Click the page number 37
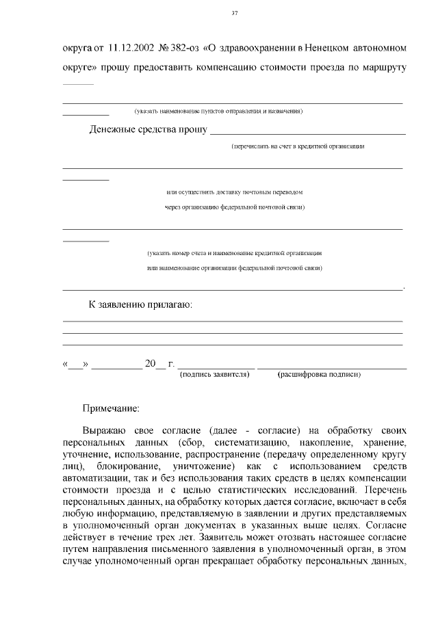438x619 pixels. point(235,13)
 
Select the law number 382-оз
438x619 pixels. point(181,49)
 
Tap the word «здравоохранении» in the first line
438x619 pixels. point(259,49)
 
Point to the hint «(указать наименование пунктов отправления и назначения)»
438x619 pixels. point(219,111)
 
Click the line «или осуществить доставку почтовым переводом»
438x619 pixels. point(235,192)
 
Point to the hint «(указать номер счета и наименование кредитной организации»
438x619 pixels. point(235,253)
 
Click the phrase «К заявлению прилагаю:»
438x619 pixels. point(141,304)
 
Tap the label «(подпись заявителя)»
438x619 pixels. point(214,374)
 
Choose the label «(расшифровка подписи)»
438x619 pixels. point(319,374)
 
